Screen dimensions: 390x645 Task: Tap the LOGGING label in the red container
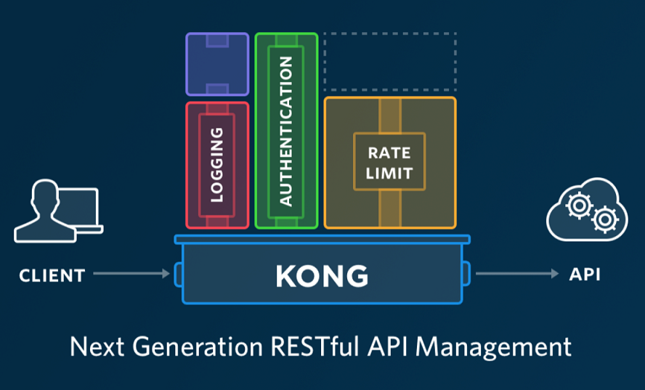[x=217, y=165]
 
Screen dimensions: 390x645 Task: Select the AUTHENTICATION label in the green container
[x=285, y=131]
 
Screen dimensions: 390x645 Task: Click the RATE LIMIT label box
[x=389, y=163]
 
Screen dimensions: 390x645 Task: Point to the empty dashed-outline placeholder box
[x=389, y=61]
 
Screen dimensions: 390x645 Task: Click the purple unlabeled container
[x=217, y=64]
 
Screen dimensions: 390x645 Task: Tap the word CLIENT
[x=52, y=275]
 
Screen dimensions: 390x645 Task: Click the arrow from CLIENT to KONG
[x=131, y=274]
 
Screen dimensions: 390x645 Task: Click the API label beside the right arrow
[x=585, y=275]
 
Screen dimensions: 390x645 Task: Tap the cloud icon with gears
[x=586, y=211]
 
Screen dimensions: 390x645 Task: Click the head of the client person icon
[x=43, y=195]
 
